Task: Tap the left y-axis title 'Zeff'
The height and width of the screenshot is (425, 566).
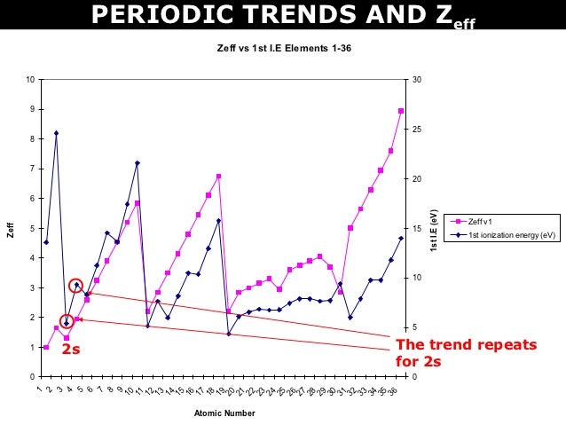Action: pyautogui.click(x=11, y=229)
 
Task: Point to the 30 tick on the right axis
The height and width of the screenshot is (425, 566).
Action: pyautogui.click(x=414, y=80)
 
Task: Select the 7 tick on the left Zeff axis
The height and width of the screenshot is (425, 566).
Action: pyautogui.click(x=32, y=169)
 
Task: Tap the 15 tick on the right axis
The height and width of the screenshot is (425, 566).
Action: pyautogui.click(x=414, y=228)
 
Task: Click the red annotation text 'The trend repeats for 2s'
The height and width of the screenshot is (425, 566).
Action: pyautogui.click(x=466, y=353)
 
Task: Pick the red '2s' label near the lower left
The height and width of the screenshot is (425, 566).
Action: pyautogui.click(x=71, y=350)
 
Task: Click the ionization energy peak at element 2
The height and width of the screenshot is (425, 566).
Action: pyautogui.click(x=56, y=133)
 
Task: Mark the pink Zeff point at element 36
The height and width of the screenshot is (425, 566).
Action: pyautogui.click(x=401, y=111)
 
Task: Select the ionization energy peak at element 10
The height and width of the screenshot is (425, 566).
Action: pyautogui.click(x=137, y=163)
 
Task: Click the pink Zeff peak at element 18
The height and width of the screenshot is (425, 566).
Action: pyautogui.click(x=218, y=177)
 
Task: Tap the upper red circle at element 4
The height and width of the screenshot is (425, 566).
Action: pyautogui.click(x=76, y=286)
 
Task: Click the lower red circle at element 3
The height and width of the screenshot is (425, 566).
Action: pyautogui.click(x=67, y=322)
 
